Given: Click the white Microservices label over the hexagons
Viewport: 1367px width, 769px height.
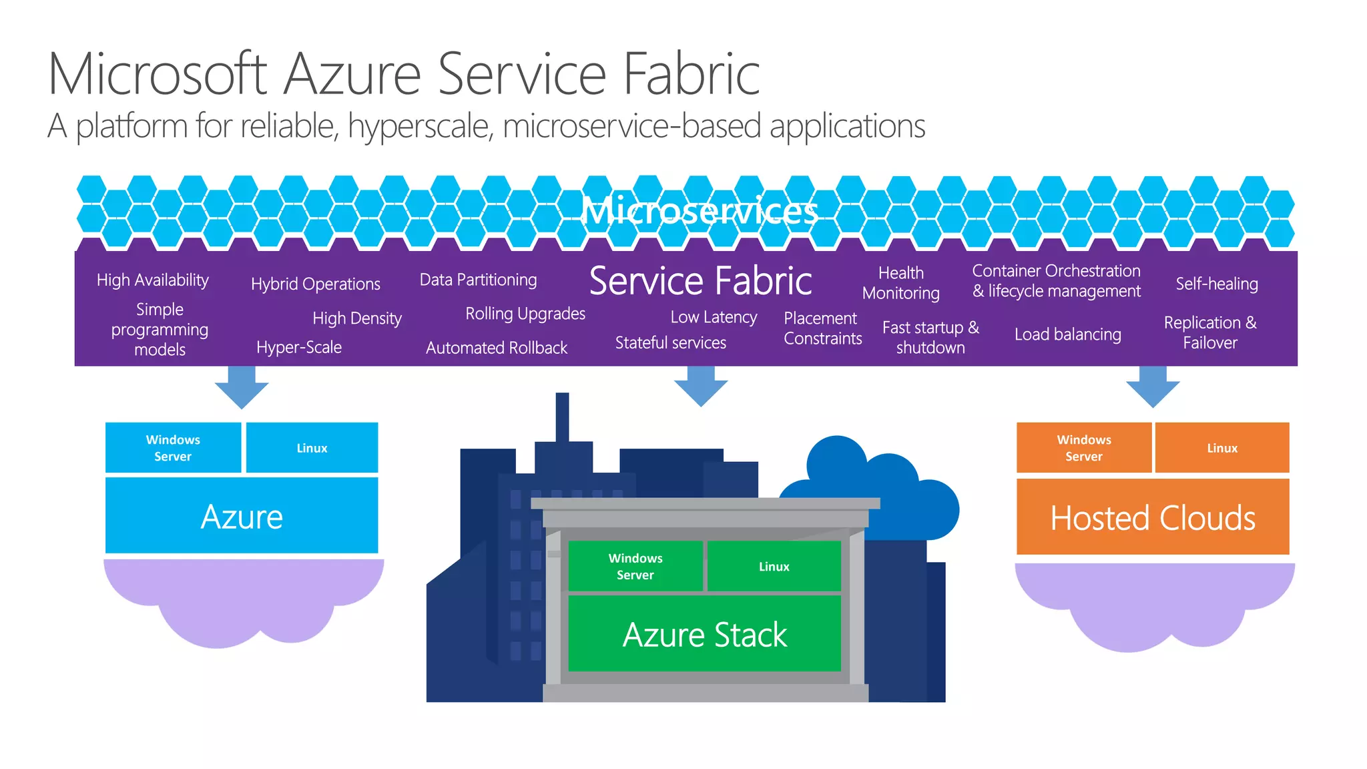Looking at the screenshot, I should [x=699, y=212].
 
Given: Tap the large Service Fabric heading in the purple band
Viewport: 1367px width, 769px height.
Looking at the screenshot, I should [x=700, y=281].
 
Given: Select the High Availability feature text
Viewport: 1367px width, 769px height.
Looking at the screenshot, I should [x=152, y=280].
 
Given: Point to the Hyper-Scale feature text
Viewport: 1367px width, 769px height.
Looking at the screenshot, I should [x=298, y=347].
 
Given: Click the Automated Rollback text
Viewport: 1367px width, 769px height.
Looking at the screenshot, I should [x=496, y=348].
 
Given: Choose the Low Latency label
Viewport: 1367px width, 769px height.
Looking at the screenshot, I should [x=713, y=317].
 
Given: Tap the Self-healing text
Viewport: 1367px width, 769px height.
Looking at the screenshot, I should [x=1216, y=284].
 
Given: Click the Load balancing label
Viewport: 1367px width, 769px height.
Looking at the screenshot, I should [x=1067, y=334].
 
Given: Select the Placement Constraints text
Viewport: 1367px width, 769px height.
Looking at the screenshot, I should [x=822, y=328].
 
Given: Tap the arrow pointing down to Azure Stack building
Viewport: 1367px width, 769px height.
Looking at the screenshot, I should [x=700, y=387].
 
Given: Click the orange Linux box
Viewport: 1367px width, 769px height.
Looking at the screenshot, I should [x=1221, y=448].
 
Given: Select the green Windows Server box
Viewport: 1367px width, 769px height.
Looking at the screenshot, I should [x=635, y=566].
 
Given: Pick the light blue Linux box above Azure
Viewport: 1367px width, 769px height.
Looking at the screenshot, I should [x=312, y=448].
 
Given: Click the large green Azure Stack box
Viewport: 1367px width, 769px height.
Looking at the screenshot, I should [x=704, y=634].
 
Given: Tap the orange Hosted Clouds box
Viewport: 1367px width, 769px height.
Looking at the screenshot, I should [x=1152, y=517].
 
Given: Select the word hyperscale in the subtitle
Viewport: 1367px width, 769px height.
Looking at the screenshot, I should [x=420, y=127].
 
